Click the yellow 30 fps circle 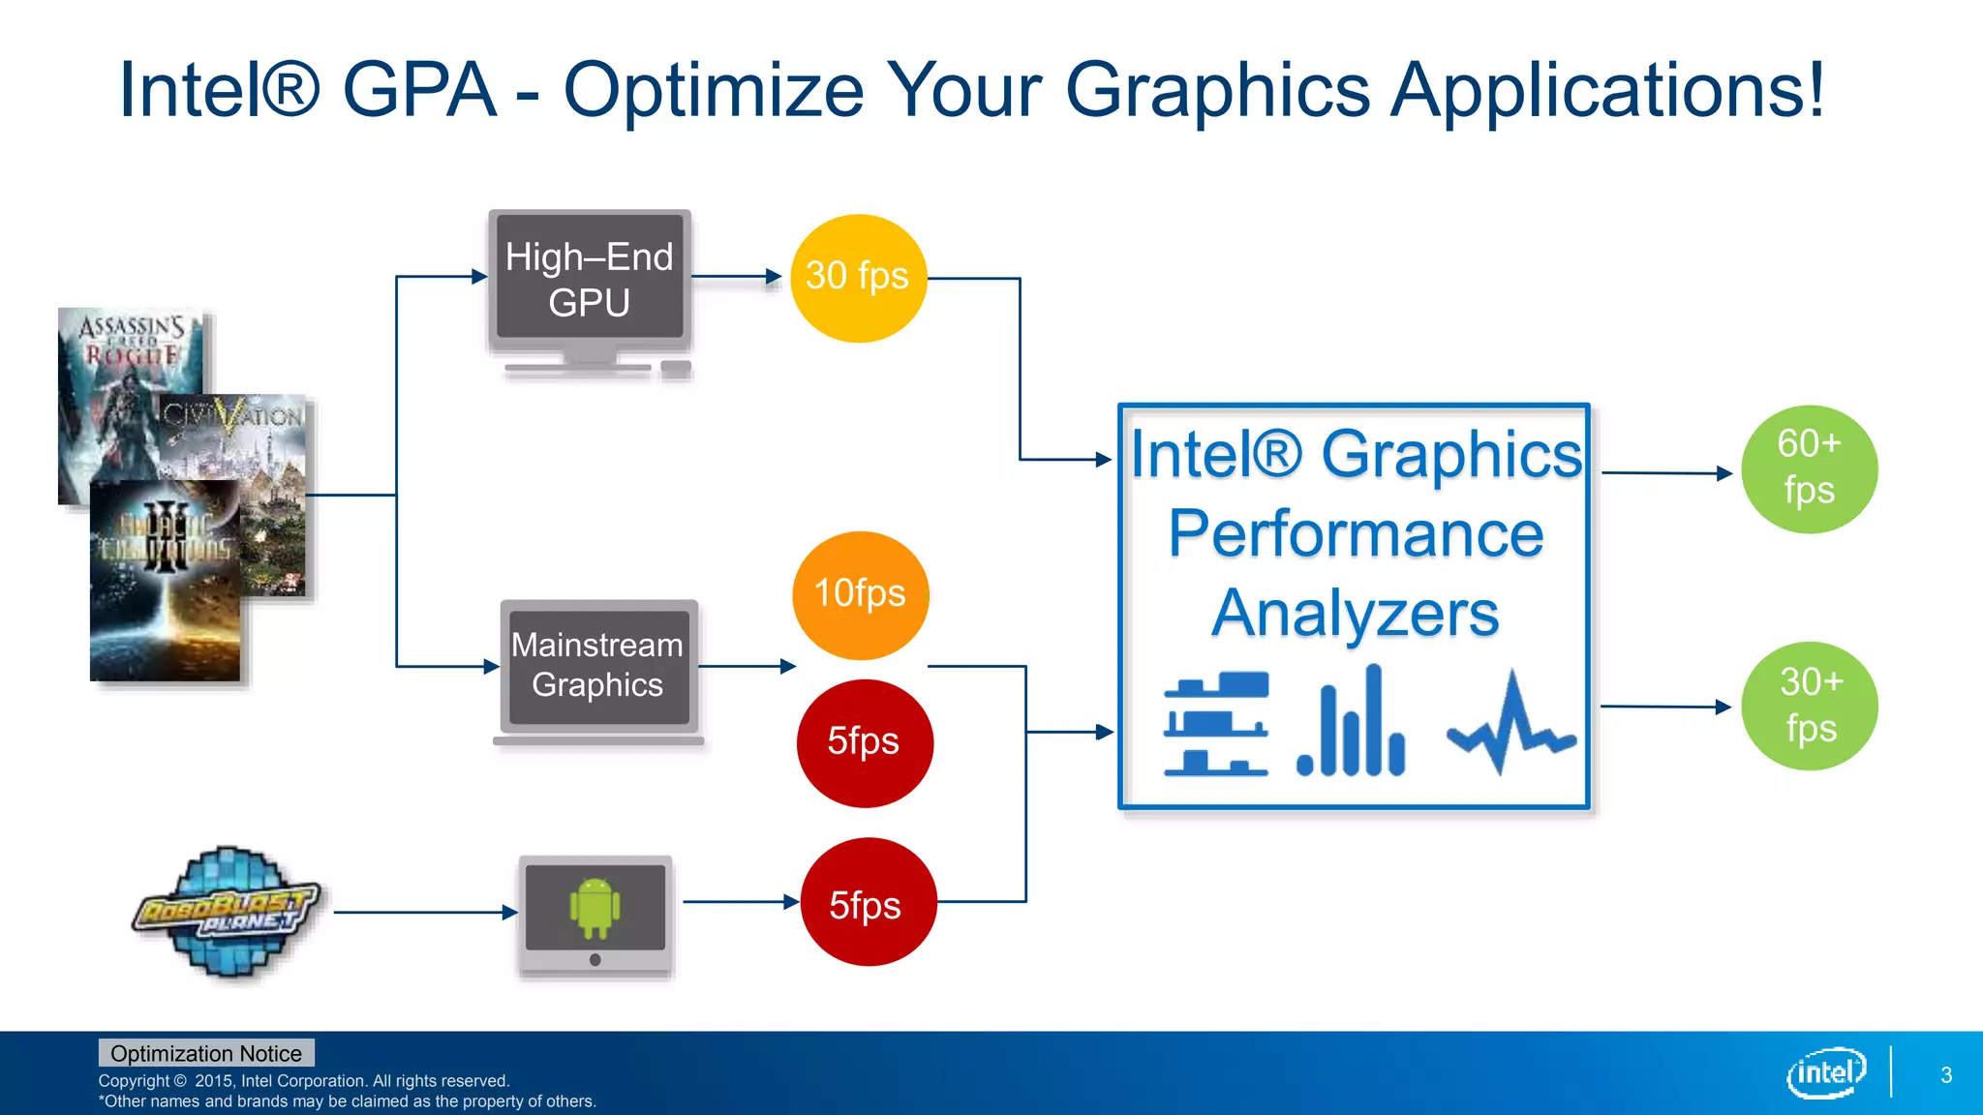point(858,278)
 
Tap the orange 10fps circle point(860,594)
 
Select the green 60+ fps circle point(1809,468)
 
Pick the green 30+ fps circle point(1809,706)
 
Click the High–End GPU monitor point(589,281)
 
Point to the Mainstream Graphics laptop point(597,667)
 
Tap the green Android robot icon point(595,907)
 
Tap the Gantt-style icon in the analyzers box point(1216,723)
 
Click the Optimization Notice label point(205,1053)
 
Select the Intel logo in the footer point(1825,1072)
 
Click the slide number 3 point(1946,1075)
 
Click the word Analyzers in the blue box point(1354,614)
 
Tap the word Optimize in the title point(713,90)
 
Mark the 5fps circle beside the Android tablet point(868,902)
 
